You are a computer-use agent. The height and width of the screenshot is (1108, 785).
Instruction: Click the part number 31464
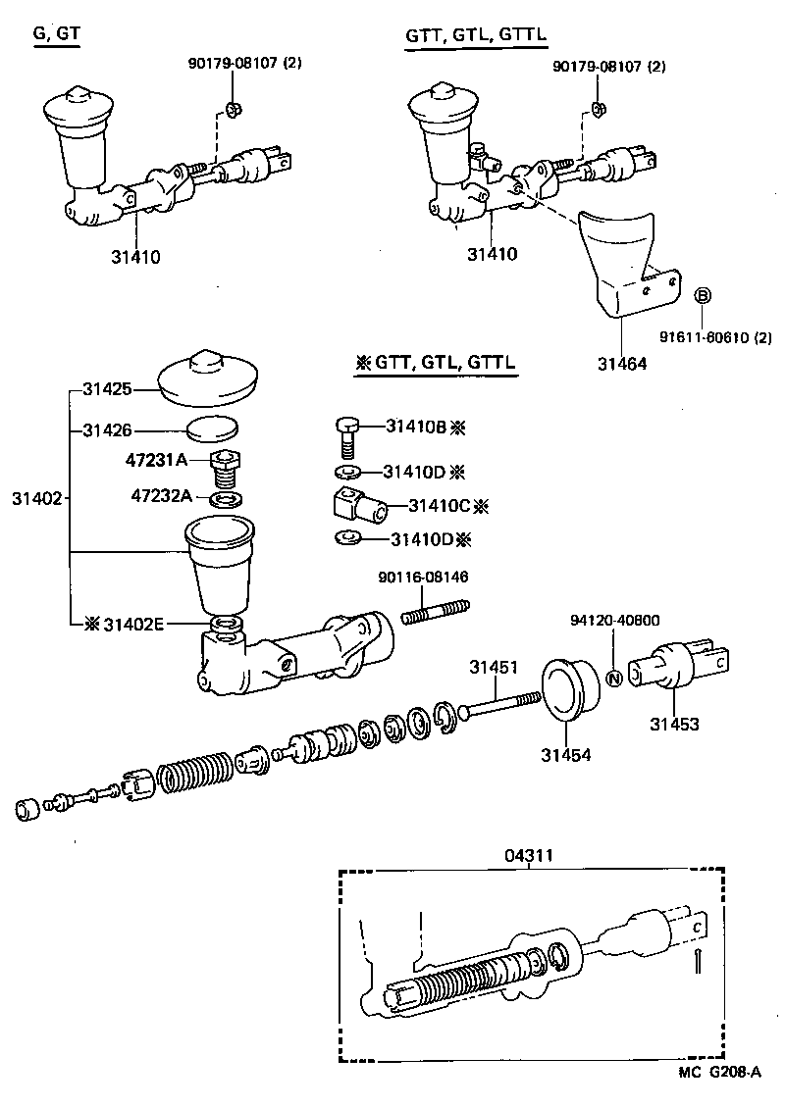(x=622, y=363)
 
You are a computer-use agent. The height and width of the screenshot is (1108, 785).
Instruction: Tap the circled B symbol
(x=704, y=296)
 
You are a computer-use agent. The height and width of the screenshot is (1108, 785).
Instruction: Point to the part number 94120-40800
(x=614, y=621)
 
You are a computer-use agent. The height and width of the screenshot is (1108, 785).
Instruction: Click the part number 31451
(x=493, y=668)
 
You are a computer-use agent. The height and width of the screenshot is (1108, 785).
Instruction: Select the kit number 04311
(x=530, y=855)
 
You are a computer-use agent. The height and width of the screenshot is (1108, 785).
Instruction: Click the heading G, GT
(x=57, y=34)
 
